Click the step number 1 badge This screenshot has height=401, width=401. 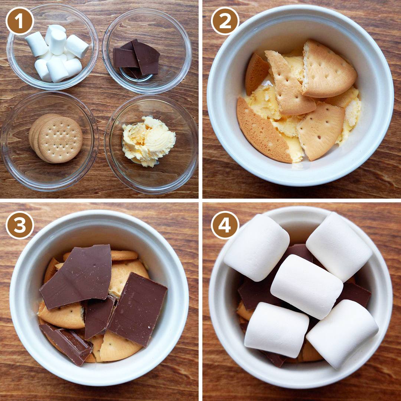coord(20,21)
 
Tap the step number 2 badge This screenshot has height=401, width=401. coord(225,21)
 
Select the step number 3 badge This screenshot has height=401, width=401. coord(20,225)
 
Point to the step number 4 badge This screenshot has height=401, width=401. coord(225,225)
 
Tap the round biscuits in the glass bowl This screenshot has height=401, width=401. coord(56,138)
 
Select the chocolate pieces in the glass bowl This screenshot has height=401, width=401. coord(136,58)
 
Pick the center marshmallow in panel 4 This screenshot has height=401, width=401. coord(306,287)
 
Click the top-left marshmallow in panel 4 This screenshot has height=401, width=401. coord(257,247)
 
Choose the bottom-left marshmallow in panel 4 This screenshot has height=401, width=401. coord(277,330)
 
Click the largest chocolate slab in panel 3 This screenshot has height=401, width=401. coord(77,276)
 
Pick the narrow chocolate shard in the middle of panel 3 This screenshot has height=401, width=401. coord(99,317)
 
